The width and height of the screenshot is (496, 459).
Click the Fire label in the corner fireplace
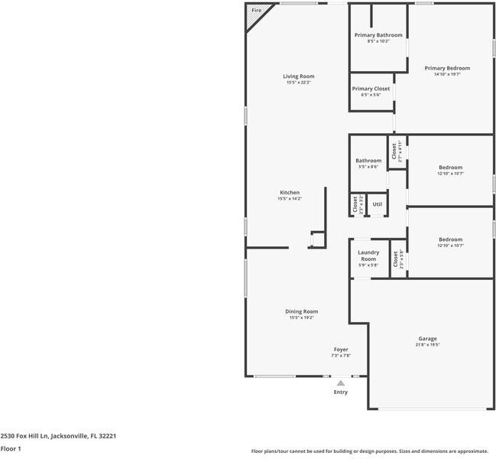point(256,11)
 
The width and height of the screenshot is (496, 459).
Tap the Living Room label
point(299,76)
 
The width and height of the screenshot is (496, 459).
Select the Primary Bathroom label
point(378,35)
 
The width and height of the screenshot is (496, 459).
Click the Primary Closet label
point(371,89)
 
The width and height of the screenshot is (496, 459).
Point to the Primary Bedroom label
point(447,68)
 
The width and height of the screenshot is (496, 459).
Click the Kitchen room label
point(290,192)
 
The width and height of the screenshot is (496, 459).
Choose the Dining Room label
point(301,311)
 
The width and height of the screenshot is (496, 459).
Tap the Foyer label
point(341,350)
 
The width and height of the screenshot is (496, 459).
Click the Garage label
point(427,338)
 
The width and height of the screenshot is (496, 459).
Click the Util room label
point(377,204)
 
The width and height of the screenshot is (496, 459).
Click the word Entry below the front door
point(341,392)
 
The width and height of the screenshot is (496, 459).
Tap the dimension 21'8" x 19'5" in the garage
point(427,345)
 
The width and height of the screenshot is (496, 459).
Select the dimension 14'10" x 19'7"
point(447,75)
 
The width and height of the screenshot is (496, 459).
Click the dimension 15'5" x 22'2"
point(299,83)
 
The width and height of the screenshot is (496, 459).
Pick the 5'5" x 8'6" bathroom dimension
point(368,167)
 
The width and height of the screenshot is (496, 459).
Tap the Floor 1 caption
point(11,449)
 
